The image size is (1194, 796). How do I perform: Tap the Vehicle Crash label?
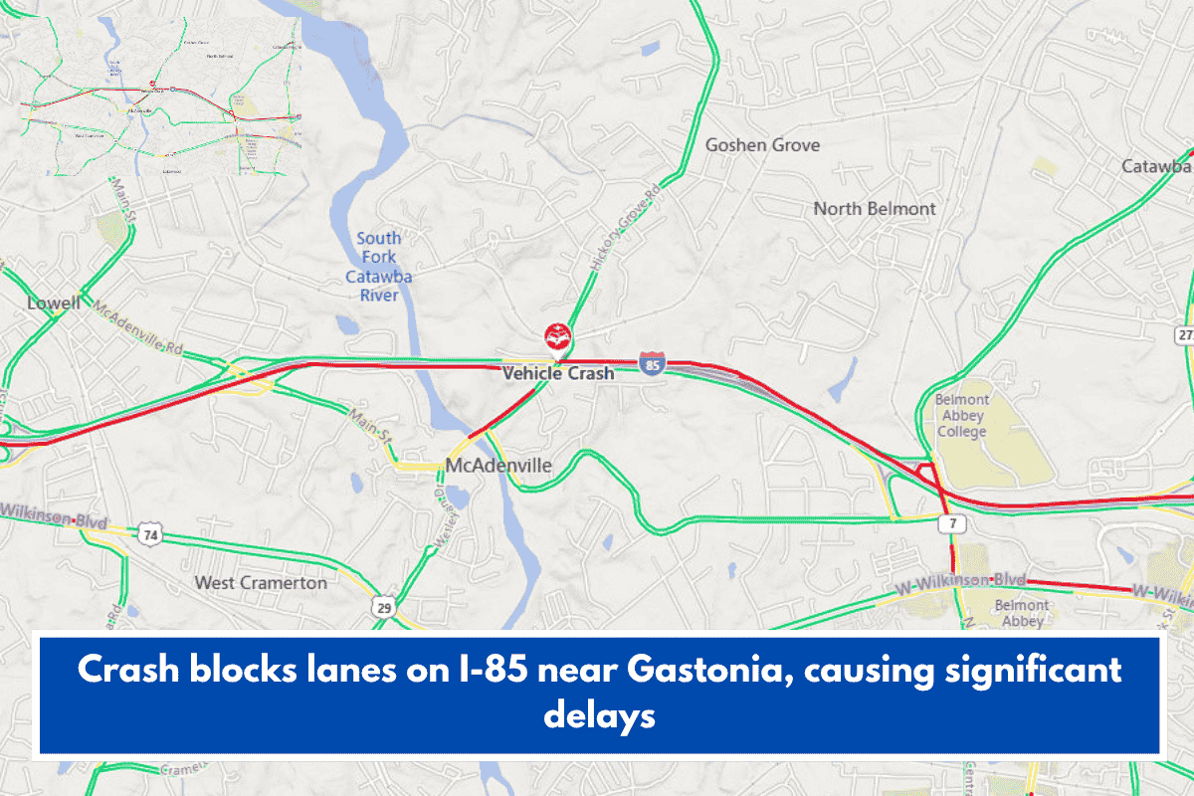(x=557, y=374)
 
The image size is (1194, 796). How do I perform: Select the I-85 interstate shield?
(x=652, y=364)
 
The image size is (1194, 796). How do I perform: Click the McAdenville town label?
(x=498, y=466)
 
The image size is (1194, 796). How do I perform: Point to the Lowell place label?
(x=54, y=303)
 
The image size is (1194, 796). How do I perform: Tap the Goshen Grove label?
(x=762, y=145)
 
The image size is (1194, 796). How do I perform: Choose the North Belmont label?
(x=875, y=209)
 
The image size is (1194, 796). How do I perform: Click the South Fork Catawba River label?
(x=379, y=267)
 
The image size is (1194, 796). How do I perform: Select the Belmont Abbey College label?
(x=961, y=416)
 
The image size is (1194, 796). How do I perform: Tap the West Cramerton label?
(x=261, y=582)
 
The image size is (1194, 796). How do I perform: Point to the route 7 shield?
(x=952, y=523)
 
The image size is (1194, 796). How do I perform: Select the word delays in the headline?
(x=599, y=714)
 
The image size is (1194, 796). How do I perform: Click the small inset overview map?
(x=159, y=98)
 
